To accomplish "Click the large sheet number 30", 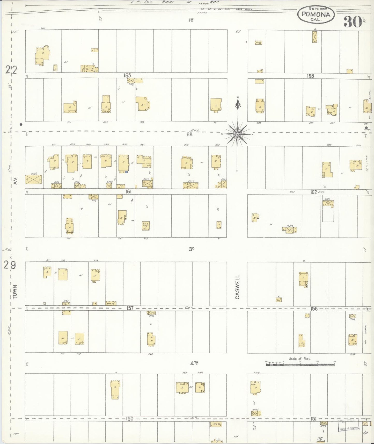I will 353,22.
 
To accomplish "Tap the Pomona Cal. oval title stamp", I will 316,15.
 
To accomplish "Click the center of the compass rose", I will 237,134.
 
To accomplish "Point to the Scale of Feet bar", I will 300,364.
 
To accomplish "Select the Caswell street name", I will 237,287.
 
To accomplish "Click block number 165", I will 127,75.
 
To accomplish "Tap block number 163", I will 310,76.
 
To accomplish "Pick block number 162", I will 314,192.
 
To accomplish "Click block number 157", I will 130,308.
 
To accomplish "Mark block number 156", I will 314,309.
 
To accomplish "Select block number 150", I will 130,419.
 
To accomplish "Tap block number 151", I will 314,419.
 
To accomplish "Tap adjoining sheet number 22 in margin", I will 11,70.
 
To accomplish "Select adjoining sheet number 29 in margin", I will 10,266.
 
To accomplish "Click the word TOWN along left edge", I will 15,292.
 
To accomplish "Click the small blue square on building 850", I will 126,172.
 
